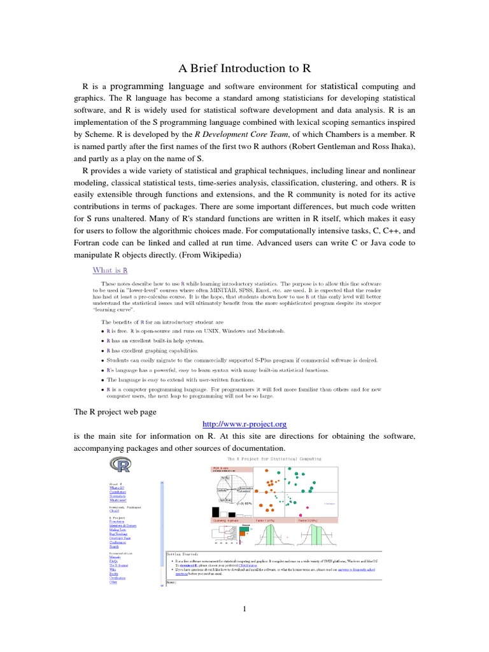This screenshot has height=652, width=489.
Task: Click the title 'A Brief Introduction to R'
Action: click(x=244, y=68)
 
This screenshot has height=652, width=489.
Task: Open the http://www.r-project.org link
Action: click(x=244, y=423)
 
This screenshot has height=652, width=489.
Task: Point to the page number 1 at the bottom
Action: click(x=244, y=609)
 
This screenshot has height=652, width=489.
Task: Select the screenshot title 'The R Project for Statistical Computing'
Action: click(x=274, y=458)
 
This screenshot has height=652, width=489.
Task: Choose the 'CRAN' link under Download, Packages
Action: click(x=114, y=511)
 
